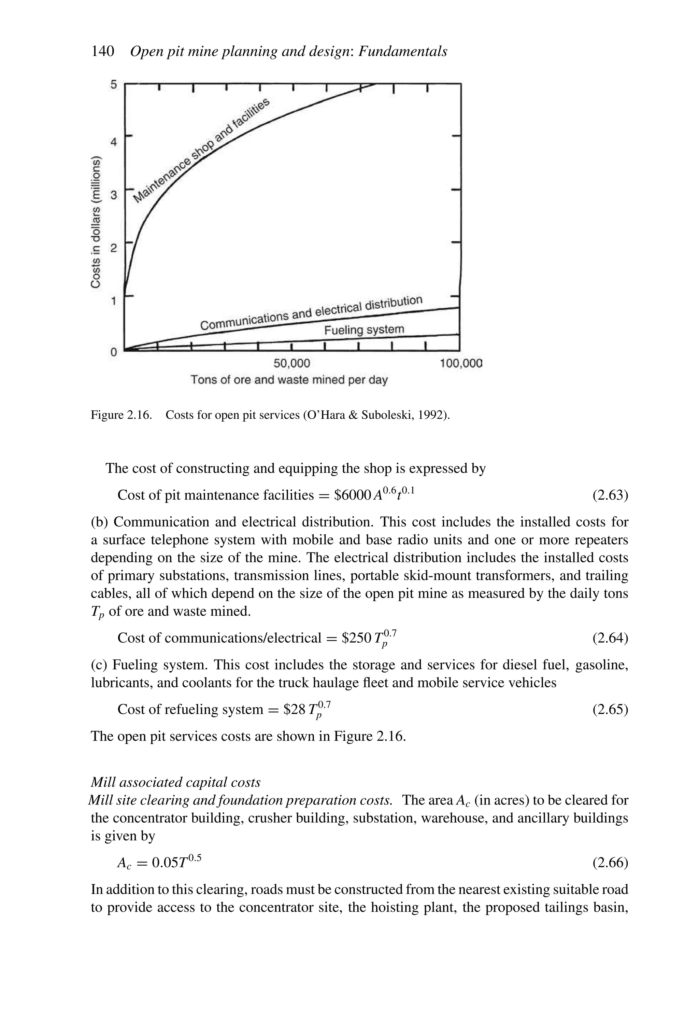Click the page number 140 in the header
pyautogui.click(x=102, y=52)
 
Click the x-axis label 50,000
pyautogui.click(x=291, y=364)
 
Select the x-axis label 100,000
pyautogui.click(x=461, y=364)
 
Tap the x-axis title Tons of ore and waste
pyautogui.click(x=289, y=380)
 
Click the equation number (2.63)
pyautogui.click(x=610, y=495)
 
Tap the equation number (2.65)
pyautogui.click(x=610, y=709)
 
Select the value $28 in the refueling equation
pyautogui.click(x=294, y=709)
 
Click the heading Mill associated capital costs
pyautogui.click(x=175, y=782)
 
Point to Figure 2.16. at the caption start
pyautogui.click(x=121, y=415)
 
